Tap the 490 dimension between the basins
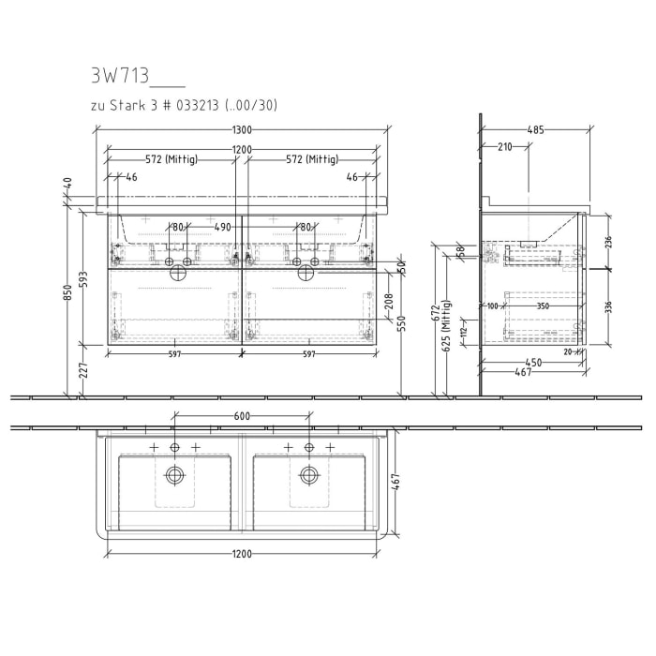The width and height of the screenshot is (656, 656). (222, 227)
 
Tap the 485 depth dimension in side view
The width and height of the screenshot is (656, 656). (535, 131)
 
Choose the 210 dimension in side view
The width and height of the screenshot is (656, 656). (504, 146)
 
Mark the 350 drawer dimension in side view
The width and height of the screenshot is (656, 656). (543, 306)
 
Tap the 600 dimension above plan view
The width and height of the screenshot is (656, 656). (241, 416)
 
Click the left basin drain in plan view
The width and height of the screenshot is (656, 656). (174, 475)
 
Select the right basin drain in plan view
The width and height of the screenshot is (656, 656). (308, 475)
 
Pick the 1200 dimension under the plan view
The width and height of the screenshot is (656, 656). (242, 553)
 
